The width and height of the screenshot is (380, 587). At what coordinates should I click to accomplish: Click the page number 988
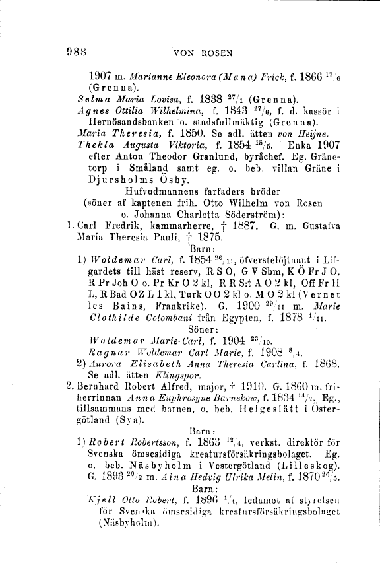tap(77, 50)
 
